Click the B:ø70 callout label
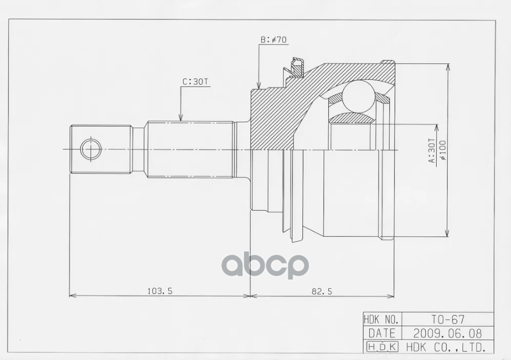[x=273, y=39]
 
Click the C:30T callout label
[x=195, y=82]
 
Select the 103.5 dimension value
[x=159, y=290]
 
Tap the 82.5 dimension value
[x=321, y=290]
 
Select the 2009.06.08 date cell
[x=447, y=333]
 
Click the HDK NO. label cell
[x=382, y=319]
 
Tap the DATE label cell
[x=382, y=333]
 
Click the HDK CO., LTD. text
[x=446, y=346]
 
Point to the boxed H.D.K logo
[x=382, y=346]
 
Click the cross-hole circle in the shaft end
[x=90, y=150]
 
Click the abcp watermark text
[x=265, y=265]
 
